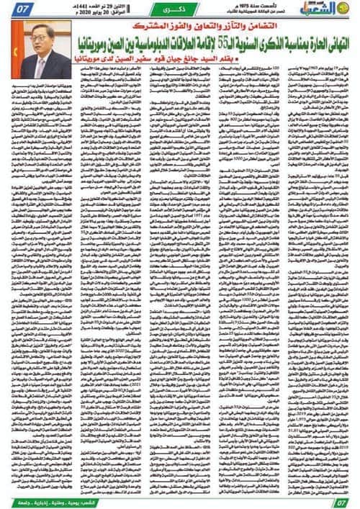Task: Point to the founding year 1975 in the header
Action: click(267, 7)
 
